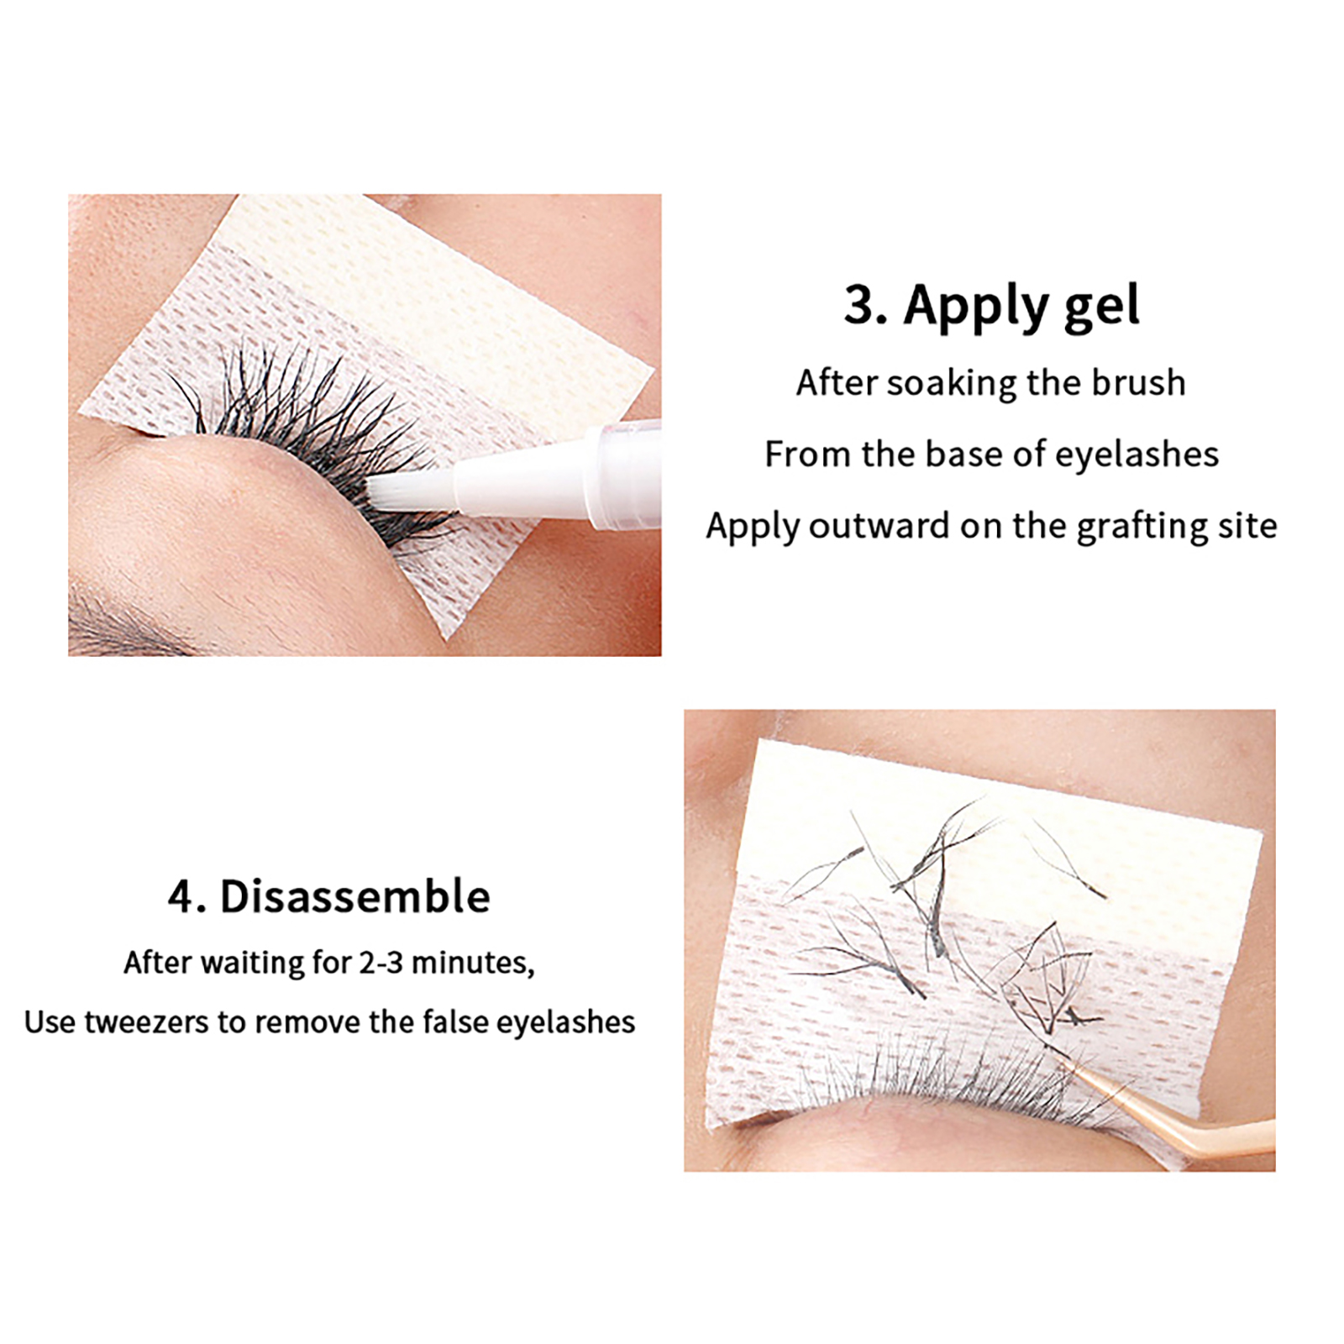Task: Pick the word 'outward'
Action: [x=879, y=526]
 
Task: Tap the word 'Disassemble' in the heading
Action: [x=354, y=896]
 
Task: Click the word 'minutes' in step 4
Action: [x=473, y=963]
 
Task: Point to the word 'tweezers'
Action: [x=147, y=1022]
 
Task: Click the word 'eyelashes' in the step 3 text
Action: [x=1137, y=455]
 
